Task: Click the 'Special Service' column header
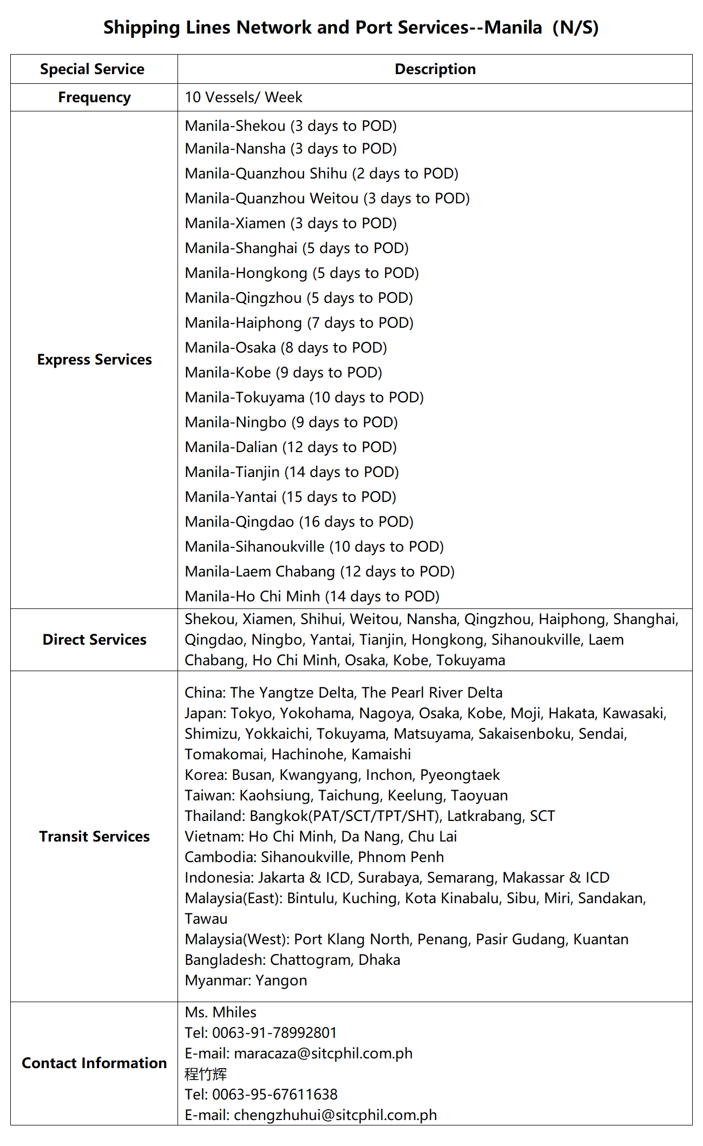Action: (92, 69)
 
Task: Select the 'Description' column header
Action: (435, 69)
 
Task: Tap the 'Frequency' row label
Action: (94, 97)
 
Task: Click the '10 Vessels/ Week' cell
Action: (244, 97)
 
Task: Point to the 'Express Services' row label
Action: (94, 360)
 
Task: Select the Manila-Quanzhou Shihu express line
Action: (321, 174)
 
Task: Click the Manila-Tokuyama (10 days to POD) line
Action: (304, 398)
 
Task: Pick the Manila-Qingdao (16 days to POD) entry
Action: (299, 522)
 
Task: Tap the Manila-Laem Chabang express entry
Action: (319, 572)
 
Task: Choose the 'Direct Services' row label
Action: (94, 640)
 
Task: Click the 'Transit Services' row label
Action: (94, 837)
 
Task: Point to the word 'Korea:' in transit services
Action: (206, 775)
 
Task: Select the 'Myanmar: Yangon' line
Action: (246, 981)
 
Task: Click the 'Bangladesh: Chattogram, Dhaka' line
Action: (292, 960)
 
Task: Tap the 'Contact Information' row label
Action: (94, 1063)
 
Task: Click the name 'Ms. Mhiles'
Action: (220, 1012)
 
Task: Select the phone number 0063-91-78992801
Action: (274, 1033)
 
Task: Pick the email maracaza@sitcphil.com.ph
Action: (323, 1054)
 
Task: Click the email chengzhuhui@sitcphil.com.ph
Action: (335, 1115)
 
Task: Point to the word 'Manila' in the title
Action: (513, 28)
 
